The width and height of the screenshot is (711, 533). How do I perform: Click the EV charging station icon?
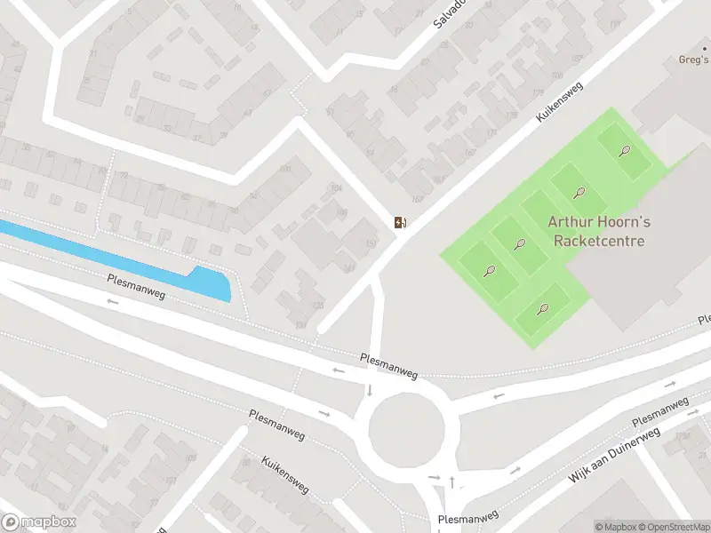(x=401, y=222)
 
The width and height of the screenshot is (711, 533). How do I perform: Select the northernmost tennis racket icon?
(x=626, y=150)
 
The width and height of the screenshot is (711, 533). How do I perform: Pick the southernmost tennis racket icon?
(x=543, y=309)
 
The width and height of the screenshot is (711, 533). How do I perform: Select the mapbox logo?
(x=39, y=522)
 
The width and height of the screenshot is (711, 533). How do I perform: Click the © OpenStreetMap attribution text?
(x=672, y=527)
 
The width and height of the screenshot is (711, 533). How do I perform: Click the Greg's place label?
(x=694, y=61)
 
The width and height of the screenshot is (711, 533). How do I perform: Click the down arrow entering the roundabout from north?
(x=369, y=391)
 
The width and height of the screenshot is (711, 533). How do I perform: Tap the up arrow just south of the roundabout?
(x=452, y=481)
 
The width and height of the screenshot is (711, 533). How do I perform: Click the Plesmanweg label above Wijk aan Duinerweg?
(x=659, y=411)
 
